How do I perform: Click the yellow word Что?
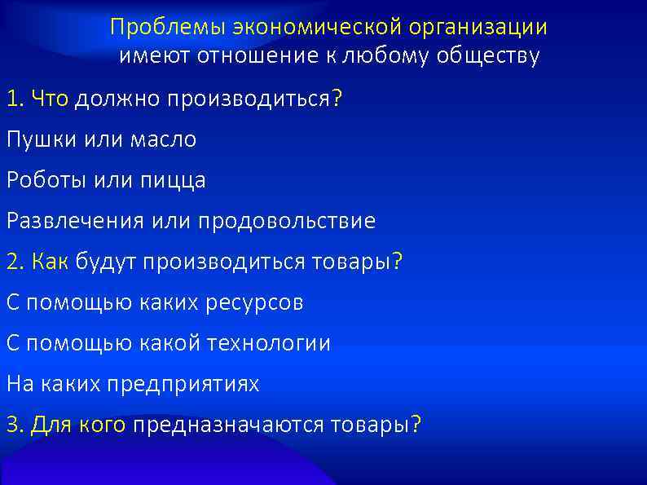pos(51,99)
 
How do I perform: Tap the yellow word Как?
pos(51,262)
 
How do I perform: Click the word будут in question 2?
pos(107,262)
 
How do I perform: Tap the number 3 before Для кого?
pos(11,425)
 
